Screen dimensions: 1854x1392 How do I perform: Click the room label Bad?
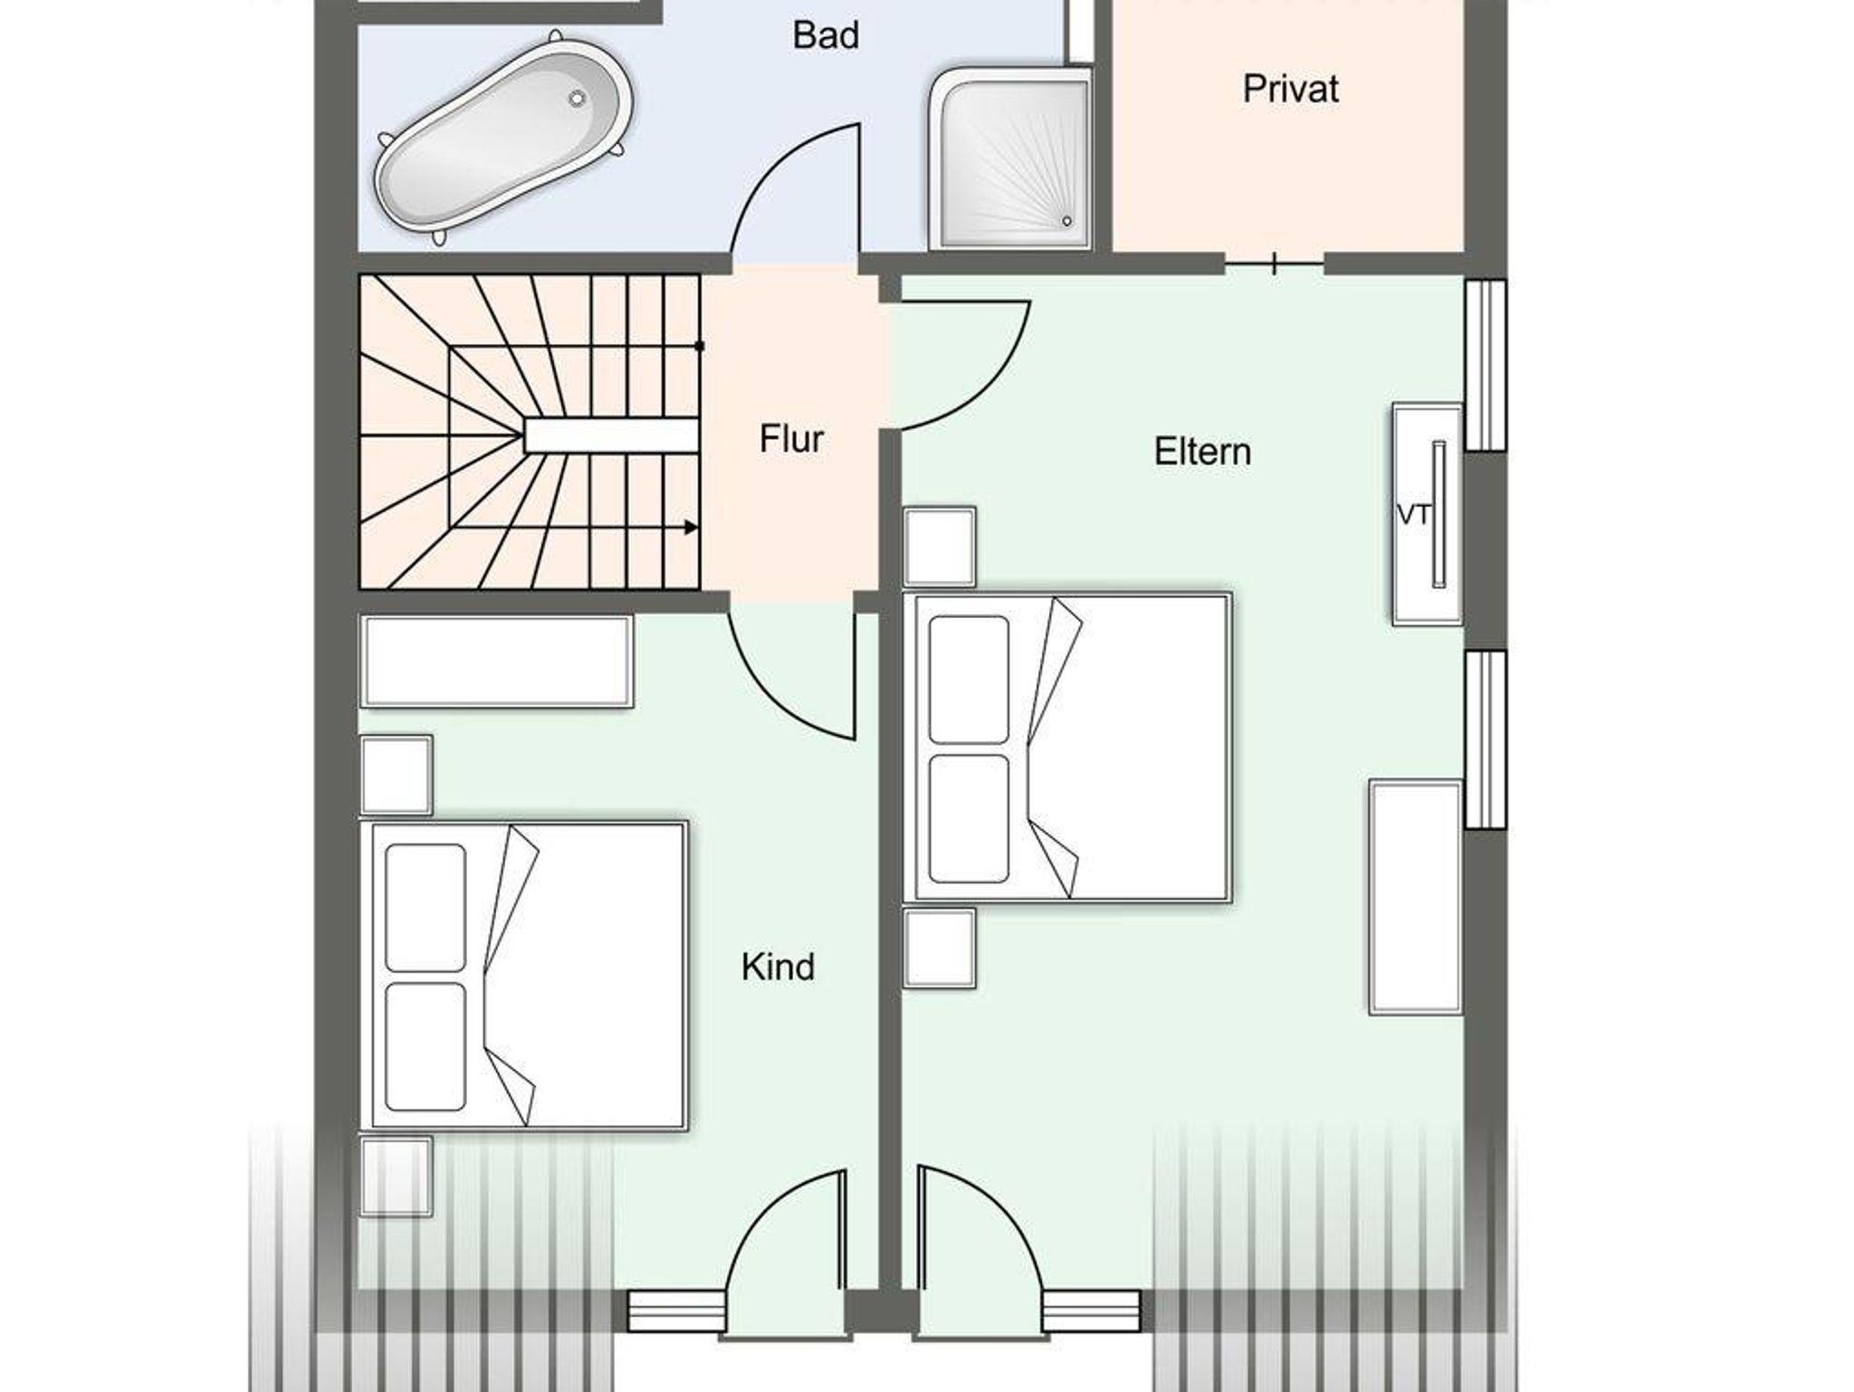click(826, 35)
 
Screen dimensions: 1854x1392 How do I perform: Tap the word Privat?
click(1290, 89)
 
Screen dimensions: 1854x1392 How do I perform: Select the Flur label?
click(791, 439)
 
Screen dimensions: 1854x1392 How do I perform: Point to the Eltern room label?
click(1202, 452)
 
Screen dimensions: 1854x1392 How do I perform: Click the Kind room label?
click(778, 967)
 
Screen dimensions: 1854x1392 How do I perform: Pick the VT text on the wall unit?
click(1414, 515)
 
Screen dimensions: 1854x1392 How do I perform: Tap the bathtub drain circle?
click(577, 99)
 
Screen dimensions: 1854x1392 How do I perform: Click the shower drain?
click(1066, 221)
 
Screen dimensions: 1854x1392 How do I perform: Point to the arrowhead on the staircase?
click(691, 527)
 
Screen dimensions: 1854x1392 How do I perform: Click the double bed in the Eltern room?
click(1068, 747)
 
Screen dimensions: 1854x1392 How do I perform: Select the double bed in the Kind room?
click(524, 976)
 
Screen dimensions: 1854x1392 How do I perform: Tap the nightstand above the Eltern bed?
click(940, 547)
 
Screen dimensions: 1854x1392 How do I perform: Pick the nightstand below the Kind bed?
click(396, 1176)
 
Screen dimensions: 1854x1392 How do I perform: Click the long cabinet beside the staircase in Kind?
click(496, 661)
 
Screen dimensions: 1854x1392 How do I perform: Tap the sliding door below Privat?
click(1275, 264)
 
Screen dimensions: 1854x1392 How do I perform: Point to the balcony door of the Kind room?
click(786, 1253)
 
